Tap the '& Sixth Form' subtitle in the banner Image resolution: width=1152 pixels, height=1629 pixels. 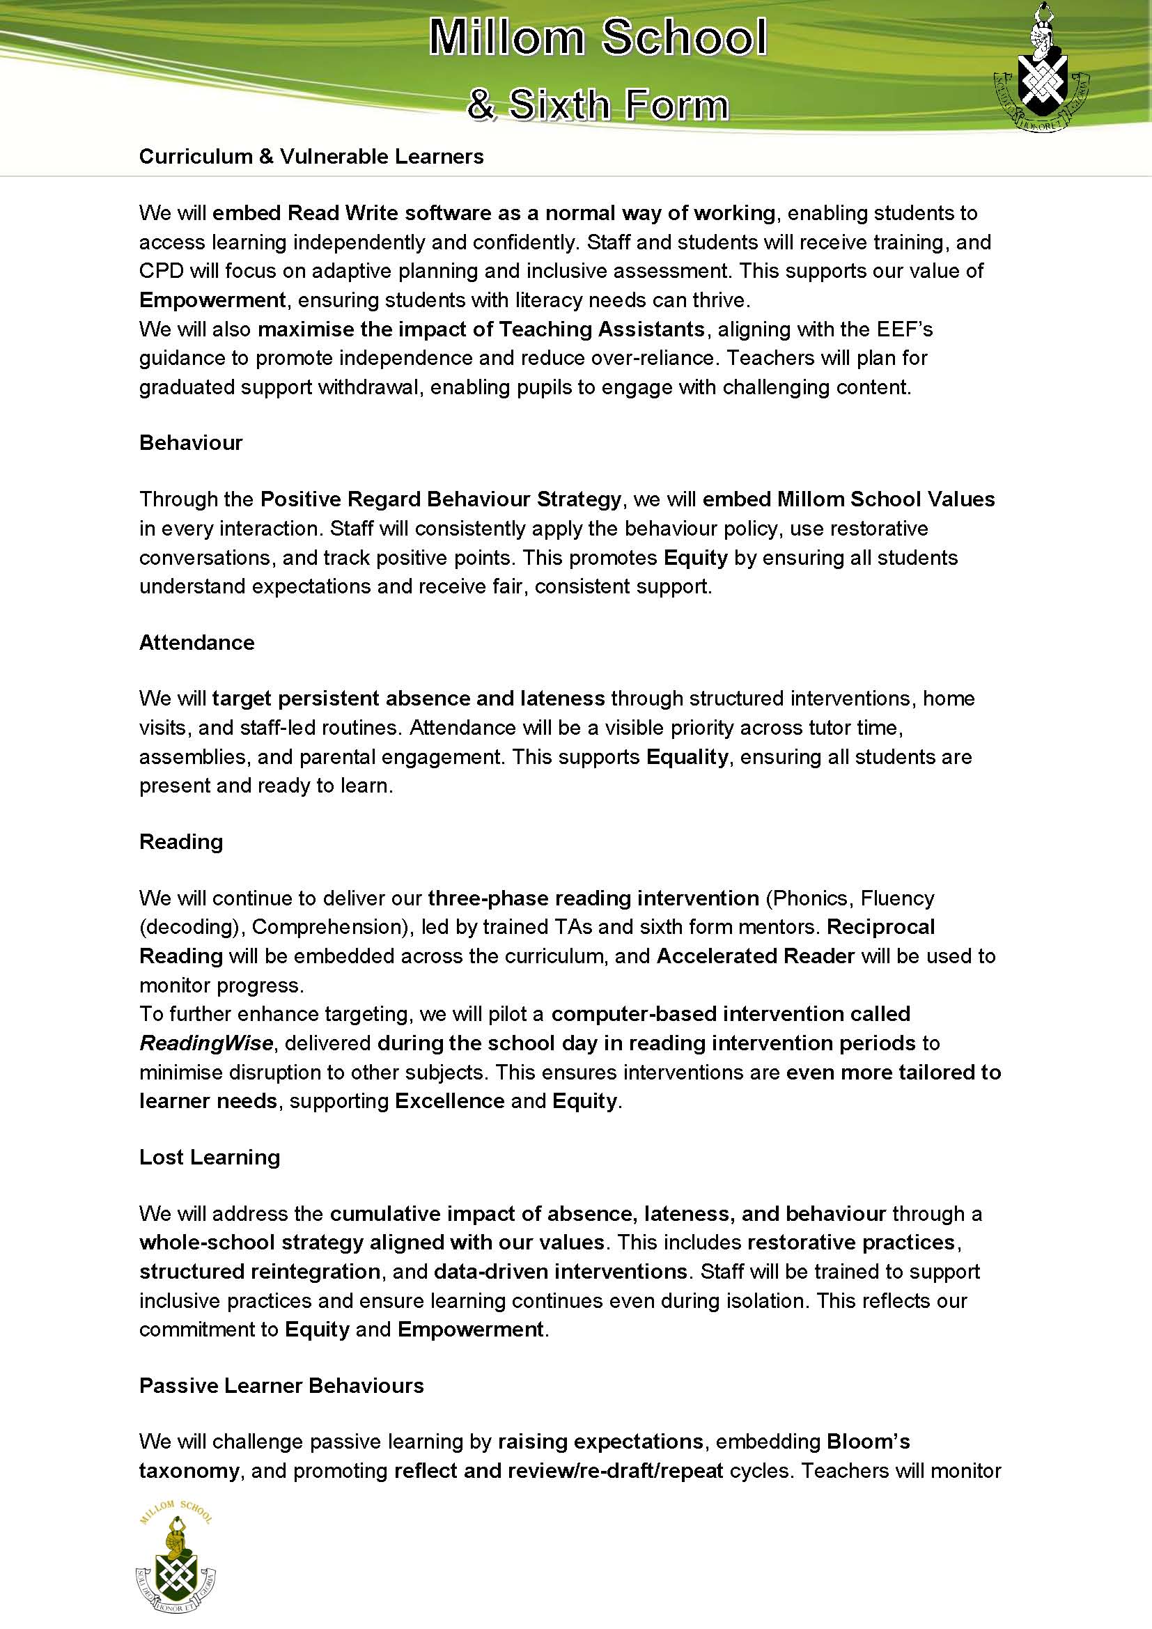pyautogui.click(x=598, y=104)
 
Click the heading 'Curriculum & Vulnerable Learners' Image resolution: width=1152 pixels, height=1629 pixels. pyautogui.click(x=311, y=157)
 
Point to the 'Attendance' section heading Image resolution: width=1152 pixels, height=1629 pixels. pyautogui.click(x=196, y=642)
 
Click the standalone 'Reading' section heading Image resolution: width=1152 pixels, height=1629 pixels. pyautogui.click(x=181, y=841)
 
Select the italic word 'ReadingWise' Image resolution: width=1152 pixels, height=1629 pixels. pyautogui.click(x=205, y=1043)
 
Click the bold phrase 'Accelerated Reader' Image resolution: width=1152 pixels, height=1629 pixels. pyautogui.click(x=756, y=956)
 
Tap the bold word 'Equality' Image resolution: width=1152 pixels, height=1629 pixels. pyautogui.click(x=687, y=757)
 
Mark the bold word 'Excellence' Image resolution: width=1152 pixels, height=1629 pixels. pyautogui.click(x=449, y=1100)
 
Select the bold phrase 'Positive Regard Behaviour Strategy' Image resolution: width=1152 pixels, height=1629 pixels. pyautogui.click(x=440, y=499)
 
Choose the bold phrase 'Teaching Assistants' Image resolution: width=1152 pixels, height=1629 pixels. pyautogui.click(x=602, y=329)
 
